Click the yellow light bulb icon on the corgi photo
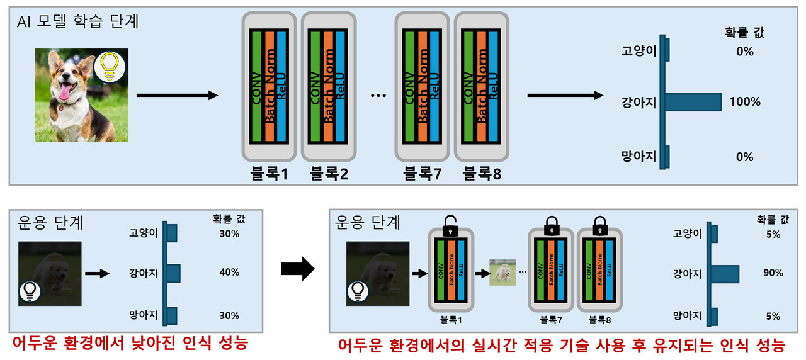click(110, 66)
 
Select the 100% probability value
click(744, 102)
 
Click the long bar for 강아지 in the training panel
click(693, 102)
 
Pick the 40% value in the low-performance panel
click(229, 273)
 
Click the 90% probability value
click(772, 273)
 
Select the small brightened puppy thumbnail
click(503, 273)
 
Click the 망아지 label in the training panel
click(639, 157)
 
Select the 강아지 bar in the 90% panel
click(725, 273)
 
